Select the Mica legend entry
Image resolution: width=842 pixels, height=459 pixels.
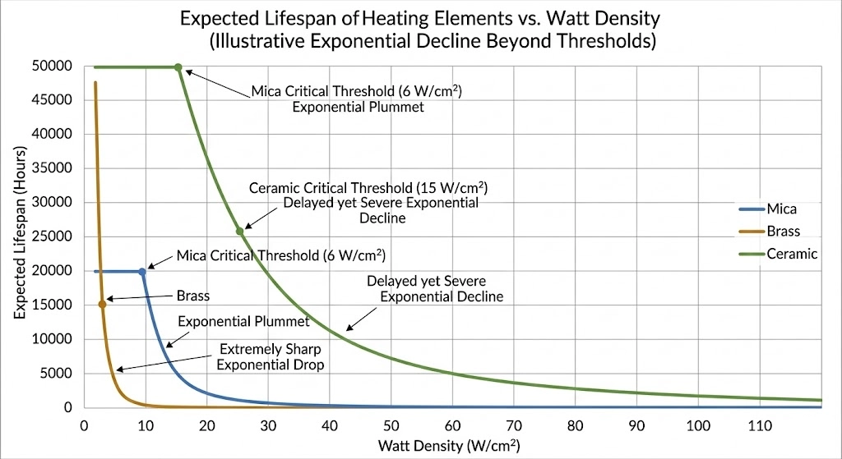780,209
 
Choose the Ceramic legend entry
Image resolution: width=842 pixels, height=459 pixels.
790,254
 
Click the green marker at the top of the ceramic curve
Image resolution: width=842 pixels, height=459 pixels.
178,67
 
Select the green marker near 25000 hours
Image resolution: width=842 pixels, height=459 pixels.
240,232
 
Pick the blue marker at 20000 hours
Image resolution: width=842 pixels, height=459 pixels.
141,271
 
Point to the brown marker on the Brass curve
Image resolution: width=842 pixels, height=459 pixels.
102,305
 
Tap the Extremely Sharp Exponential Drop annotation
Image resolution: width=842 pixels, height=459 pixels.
269,356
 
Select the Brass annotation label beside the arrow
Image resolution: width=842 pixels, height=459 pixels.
194,296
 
